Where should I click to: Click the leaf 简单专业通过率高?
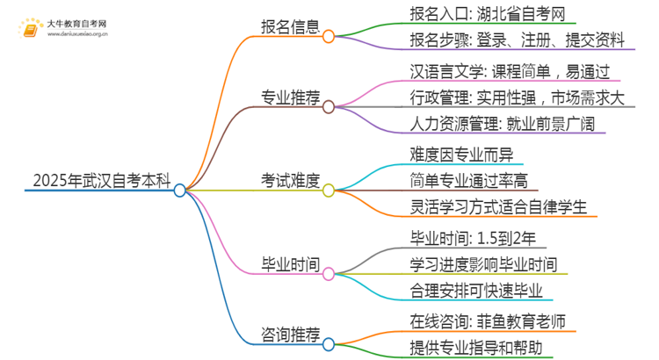[467, 182]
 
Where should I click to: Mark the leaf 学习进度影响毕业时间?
[483, 264]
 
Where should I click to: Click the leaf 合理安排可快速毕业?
[475, 290]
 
